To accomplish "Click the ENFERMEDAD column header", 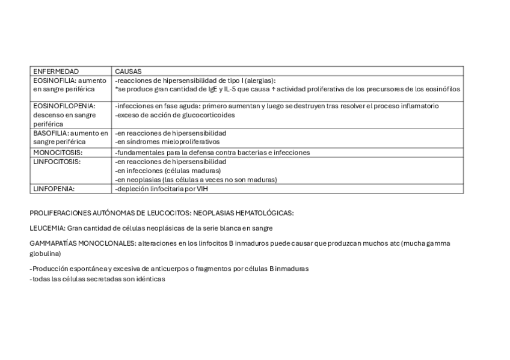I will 56,71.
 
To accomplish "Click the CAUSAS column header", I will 128,71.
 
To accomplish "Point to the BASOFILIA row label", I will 49,133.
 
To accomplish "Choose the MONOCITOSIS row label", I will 57,153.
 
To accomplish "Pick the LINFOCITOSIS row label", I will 57,162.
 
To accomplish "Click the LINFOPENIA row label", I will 54,189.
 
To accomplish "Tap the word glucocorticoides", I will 210,115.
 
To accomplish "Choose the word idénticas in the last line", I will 150,279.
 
